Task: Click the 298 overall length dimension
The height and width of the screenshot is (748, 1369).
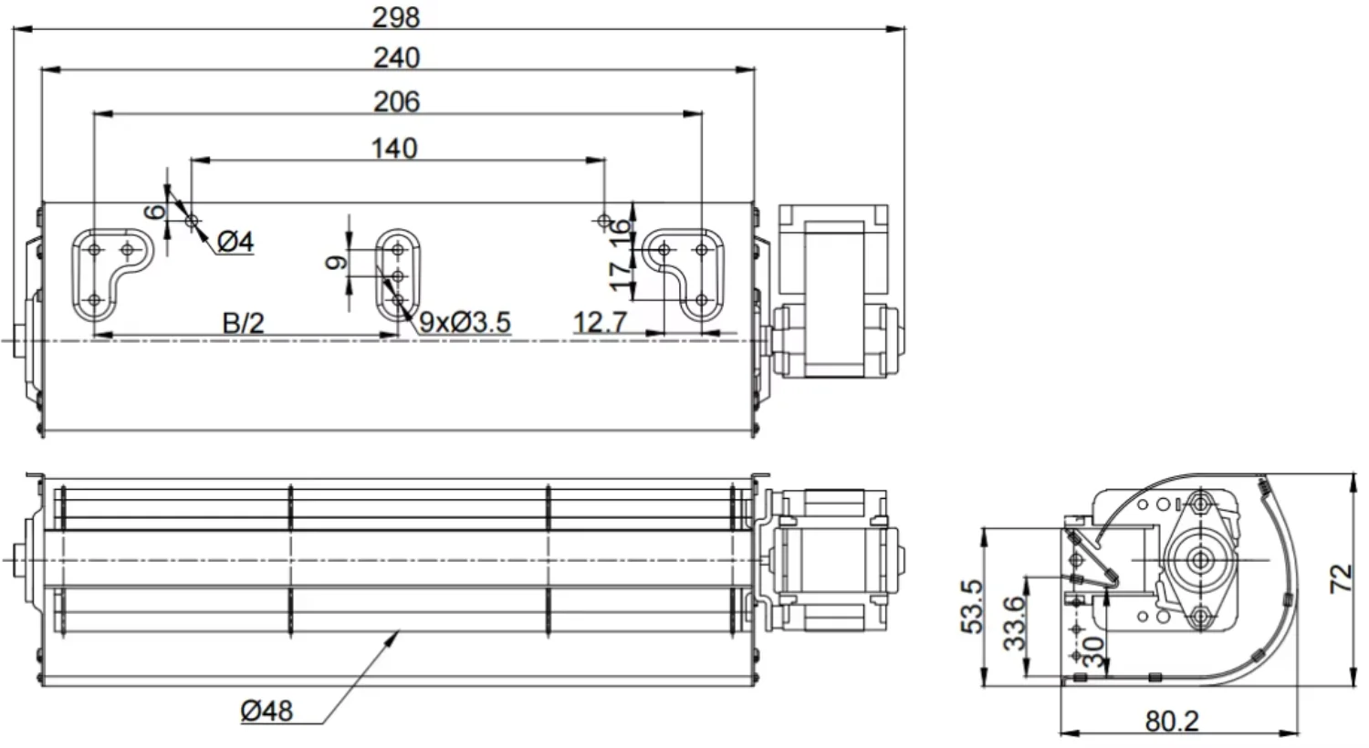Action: [x=396, y=17]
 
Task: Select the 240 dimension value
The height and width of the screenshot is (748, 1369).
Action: [x=397, y=58]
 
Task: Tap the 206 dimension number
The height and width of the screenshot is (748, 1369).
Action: [x=397, y=102]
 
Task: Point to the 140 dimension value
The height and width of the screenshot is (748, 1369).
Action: [x=394, y=149]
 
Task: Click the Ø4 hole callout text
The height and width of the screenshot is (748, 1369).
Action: [x=235, y=243]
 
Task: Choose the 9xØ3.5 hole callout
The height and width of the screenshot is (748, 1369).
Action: [x=465, y=322]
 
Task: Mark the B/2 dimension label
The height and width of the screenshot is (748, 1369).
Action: [x=244, y=323]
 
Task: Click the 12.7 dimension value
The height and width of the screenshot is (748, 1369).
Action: [x=600, y=322]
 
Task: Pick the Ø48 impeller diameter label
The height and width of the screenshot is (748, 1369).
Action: [x=266, y=712]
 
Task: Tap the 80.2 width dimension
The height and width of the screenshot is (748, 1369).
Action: [x=1172, y=722]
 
